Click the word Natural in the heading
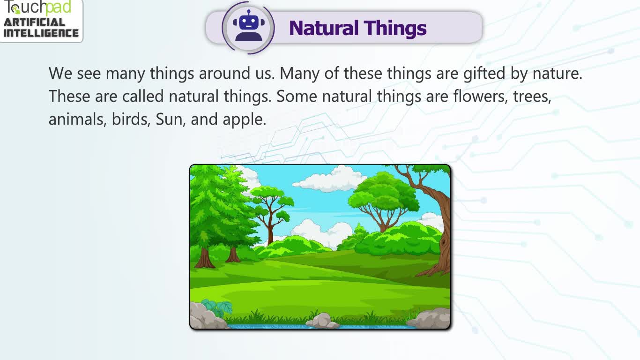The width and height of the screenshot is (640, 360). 324,28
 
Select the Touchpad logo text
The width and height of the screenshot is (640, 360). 37,7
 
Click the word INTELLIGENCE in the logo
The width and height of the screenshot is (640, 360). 41,33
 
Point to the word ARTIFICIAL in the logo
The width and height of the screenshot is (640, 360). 34,22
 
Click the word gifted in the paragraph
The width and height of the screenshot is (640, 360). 484,74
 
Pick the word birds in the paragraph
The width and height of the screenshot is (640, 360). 131,119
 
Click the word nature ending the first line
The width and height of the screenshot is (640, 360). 557,74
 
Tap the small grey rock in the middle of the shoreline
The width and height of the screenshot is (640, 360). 322,321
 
